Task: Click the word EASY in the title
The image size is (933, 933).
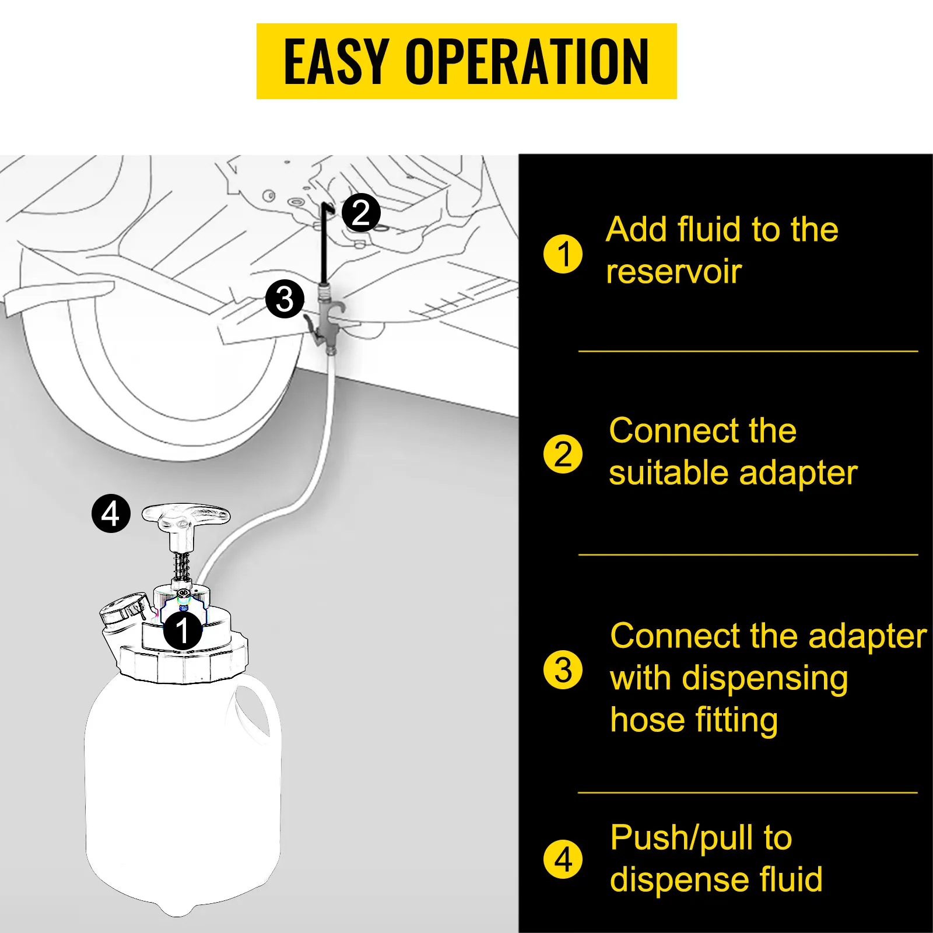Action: point(336,61)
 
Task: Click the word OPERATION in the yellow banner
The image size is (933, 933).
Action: point(527,61)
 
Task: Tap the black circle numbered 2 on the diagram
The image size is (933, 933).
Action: point(361,213)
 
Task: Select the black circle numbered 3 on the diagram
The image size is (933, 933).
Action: point(285,299)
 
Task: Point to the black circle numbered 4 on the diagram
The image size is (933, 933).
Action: point(111,514)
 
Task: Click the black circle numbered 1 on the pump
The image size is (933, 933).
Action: point(183,630)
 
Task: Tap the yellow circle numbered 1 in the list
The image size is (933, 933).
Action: point(563,254)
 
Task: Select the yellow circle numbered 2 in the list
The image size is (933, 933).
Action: point(563,454)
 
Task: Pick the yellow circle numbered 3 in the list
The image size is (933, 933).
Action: point(563,669)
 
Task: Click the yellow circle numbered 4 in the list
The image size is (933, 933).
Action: point(563,859)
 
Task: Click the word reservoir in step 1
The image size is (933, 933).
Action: point(674,272)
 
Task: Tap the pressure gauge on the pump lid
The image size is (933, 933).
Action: point(124,608)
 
